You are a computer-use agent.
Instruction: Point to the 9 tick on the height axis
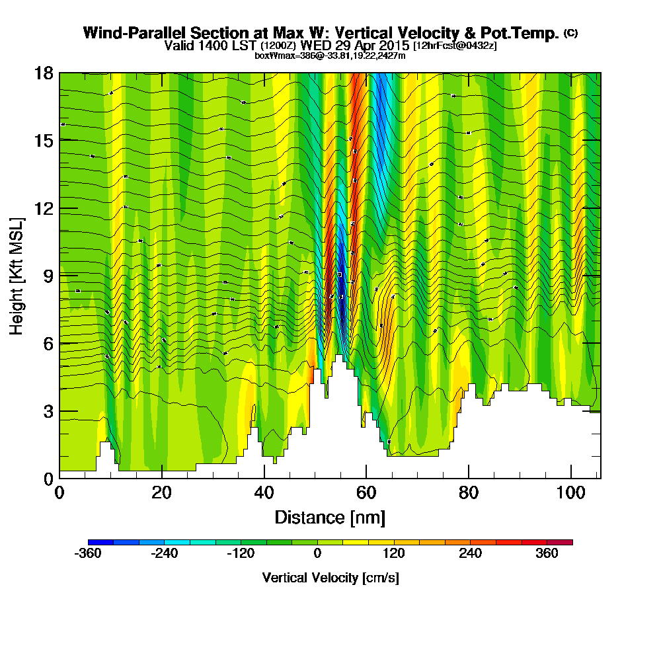(x=59, y=276)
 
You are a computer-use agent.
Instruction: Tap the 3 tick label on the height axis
(x=48, y=410)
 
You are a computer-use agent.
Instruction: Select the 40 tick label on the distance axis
(x=264, y=492)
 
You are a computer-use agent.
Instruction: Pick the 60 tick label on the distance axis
(x=366, y=492)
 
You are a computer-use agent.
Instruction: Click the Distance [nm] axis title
(x=330, y=517)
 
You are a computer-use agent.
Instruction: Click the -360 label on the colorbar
(x=88, y=554)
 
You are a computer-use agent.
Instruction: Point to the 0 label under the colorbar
(x=318, y=554)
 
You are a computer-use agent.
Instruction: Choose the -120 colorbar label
(x=241, y=554)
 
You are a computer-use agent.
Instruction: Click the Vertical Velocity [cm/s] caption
(x=330, y=578)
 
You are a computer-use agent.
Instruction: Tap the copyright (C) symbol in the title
(x=570, y=33)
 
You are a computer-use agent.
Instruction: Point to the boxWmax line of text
(x=330, y=56)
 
